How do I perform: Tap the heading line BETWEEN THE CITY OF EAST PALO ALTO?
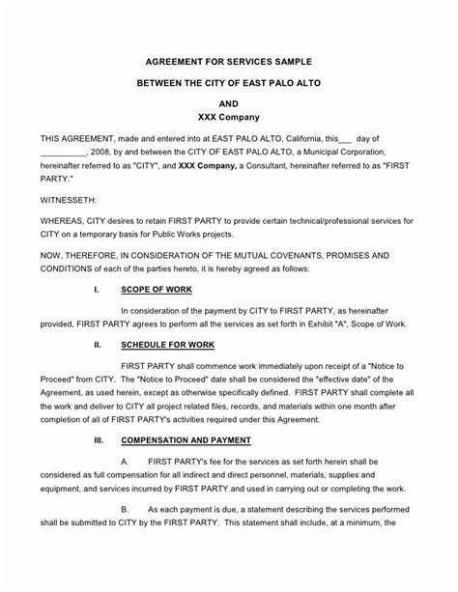(228, 85)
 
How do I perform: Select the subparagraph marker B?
(126, 508)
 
